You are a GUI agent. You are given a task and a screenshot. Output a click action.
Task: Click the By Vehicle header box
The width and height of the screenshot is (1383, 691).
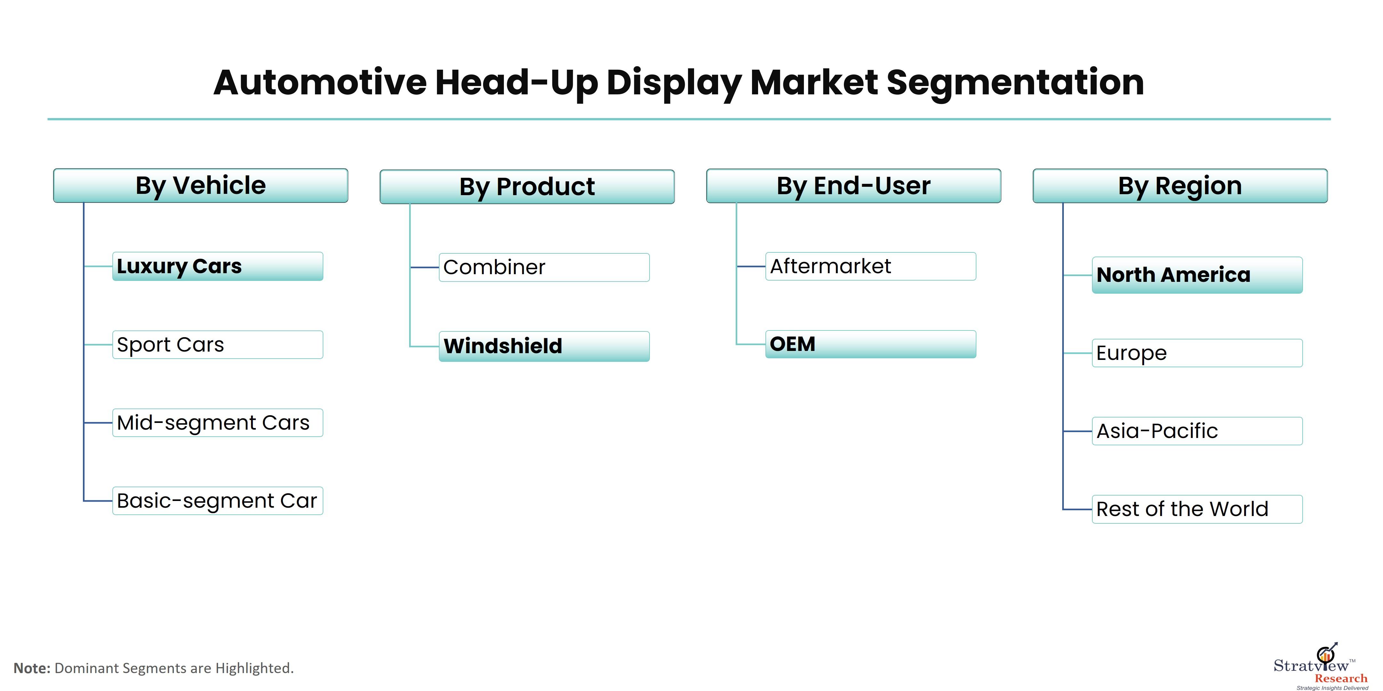(200, 186)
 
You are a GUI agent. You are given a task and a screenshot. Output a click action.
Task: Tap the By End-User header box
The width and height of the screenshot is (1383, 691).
(853, 186)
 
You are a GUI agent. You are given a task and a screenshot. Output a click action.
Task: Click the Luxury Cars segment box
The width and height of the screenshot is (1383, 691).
(217, 266)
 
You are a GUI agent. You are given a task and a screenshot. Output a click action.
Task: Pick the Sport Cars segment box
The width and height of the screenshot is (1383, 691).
(217, 345)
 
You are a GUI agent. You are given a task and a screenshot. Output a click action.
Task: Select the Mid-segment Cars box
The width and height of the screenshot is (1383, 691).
(217, 423)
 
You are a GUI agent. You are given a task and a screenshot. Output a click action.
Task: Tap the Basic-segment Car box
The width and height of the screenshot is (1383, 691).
(217, 501)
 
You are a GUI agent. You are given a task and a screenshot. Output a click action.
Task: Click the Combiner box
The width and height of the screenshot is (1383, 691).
(544, 267)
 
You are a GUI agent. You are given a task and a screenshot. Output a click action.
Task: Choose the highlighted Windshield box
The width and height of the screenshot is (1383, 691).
(544, 346)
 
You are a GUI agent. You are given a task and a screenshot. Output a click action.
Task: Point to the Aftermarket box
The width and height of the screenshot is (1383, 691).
(870, 266)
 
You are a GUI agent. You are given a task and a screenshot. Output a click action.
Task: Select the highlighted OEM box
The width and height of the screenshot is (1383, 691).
(870, 344)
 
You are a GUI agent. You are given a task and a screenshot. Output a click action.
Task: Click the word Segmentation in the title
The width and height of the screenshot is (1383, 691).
(1015, 83)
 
